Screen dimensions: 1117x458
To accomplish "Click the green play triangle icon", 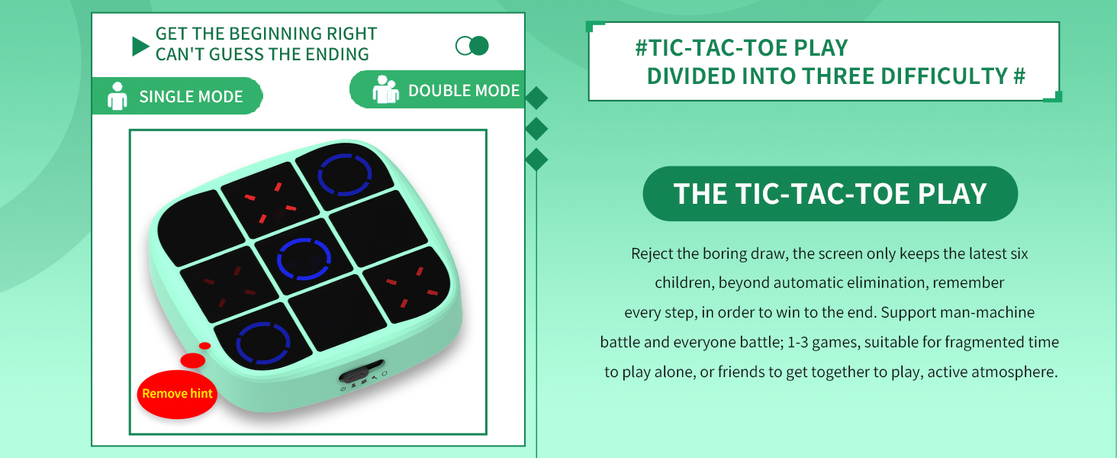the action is click(x=140, y=47).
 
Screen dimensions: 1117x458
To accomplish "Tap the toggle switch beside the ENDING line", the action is click(x=472, y=46).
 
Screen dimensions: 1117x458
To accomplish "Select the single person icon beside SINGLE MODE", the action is click(x=117, y=95).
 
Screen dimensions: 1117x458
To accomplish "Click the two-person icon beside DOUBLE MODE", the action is click(x=385, y=89).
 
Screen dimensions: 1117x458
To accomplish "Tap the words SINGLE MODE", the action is click(x=191, y=96).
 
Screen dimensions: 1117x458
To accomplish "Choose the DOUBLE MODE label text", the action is click(x=464, y=90).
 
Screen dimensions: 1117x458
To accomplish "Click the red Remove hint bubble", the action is click(x=177, y=394).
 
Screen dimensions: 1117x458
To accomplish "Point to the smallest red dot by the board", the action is click(x=204, y=346).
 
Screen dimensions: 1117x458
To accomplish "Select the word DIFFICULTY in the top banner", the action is click(x=945, y=76).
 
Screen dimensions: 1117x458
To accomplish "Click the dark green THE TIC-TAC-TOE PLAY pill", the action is click(x=830, y=194).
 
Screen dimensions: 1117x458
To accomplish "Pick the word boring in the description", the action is click(x=726, y=253).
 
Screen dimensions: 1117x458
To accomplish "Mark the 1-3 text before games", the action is click(x=798, y=342).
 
